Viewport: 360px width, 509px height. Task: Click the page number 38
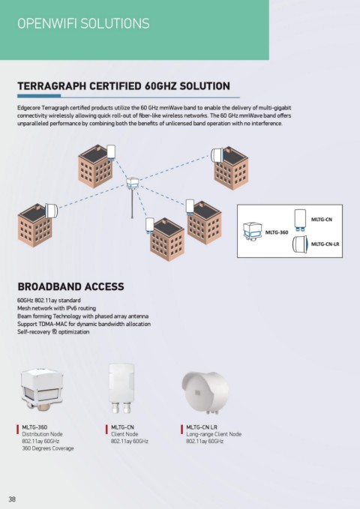(x=12, y=499)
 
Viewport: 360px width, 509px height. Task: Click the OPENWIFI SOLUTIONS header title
(x=83, y=24)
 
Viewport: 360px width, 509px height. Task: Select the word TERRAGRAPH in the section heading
(x=52, y=86)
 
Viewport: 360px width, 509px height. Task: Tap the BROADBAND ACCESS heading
(x=70, y=286)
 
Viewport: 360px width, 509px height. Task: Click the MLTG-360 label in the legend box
(x=277, y=232)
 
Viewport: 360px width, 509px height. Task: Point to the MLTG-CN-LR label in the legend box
(x=325, y=244)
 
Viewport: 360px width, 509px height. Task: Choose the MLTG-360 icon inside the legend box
(x=253, y=231)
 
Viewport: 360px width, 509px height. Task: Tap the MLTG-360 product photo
(x=42, y=390)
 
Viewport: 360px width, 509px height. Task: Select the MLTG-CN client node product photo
(x=121, y=388)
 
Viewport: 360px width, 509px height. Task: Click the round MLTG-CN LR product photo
(x=205, y=393)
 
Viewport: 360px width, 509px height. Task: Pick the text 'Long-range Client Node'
(x=214, y=434)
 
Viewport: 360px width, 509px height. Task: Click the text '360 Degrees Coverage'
(x=48, y=448)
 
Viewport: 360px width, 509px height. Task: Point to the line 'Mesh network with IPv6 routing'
(x=56, y=308)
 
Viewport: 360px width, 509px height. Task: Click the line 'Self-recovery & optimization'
(x=53, y=332)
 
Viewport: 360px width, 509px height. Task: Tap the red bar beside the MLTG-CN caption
(x=107, y=429)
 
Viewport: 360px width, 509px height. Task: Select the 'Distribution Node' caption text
(x=42, y=434)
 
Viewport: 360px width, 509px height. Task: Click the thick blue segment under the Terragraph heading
(x=39, y=96)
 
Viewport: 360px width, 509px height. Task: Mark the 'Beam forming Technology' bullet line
(x=82, y=316)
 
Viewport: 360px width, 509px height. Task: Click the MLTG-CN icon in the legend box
(x=300, y=220)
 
